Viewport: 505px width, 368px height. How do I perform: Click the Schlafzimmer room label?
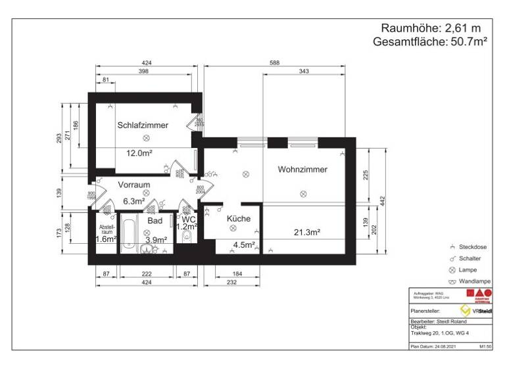pyautogui.click(x=143, y=125)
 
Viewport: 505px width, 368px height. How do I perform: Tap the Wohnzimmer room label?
pyautogui.click(x=302, y=170)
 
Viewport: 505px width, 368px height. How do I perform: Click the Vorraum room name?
pyautogui.click(x=134, y=185)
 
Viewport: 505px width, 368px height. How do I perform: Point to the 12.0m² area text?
pyautogui.click(x=139, y=153)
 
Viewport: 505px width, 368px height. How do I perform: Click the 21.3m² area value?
pyautogui.click(x=307, y=232)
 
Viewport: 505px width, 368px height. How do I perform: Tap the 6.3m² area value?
pyautogui.click(x=134, y=201)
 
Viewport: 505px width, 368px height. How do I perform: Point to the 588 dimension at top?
pyautogui.click(x=275, y=63)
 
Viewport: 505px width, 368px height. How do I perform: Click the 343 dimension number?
pyautogui.click(x=303, y=71)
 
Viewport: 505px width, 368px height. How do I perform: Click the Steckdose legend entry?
pyautogui.click(x=473, y=246)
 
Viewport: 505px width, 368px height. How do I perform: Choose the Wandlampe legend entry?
pyautogui.click(x=473, y=281)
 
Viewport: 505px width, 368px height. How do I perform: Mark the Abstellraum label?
pyautogui.click(x=106, y=229)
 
